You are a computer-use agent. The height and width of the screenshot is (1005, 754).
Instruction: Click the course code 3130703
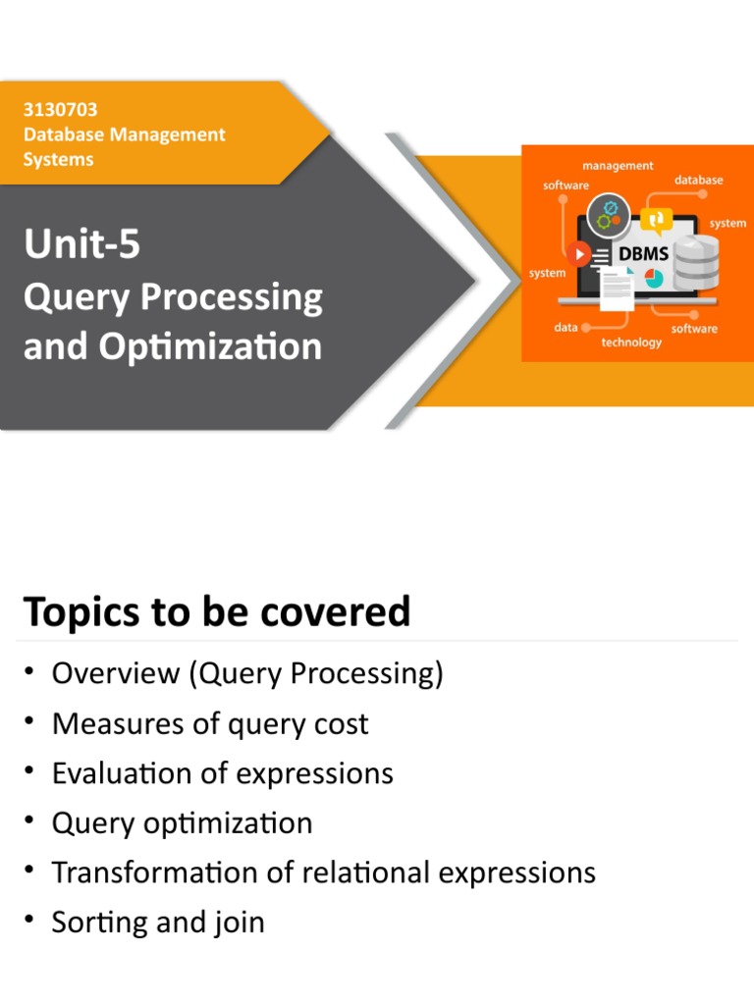(60, 110)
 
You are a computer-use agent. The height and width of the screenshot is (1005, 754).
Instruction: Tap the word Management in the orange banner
(167, 134)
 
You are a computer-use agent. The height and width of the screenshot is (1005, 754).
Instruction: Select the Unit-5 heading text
(82, 243)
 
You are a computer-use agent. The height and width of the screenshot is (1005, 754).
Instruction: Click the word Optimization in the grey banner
(210, 346)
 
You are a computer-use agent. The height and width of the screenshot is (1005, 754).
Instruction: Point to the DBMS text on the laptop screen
(643, 254)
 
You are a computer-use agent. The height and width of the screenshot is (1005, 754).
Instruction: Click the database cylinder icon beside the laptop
(696, 263)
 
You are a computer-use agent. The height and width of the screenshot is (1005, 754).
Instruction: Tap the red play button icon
(578, 254)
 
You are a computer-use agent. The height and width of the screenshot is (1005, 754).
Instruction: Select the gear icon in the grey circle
(609, 215)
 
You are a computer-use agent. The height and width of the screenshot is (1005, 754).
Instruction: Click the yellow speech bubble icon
(656, 222)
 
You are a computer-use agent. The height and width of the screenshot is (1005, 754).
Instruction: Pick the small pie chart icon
(653, 278)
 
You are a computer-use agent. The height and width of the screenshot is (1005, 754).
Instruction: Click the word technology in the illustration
(631, 343)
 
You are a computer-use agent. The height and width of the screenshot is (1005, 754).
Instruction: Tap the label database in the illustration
(698, 181)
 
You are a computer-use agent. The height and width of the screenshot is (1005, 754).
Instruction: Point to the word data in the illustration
(565, 328)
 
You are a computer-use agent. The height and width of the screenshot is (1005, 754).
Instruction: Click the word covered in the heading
(336, 611)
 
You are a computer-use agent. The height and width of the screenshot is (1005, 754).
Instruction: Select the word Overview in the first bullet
(116, 673)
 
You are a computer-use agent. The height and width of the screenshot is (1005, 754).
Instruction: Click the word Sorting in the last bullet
(99, 923)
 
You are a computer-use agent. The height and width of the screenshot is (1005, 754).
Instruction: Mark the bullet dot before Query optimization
(28, 820)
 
